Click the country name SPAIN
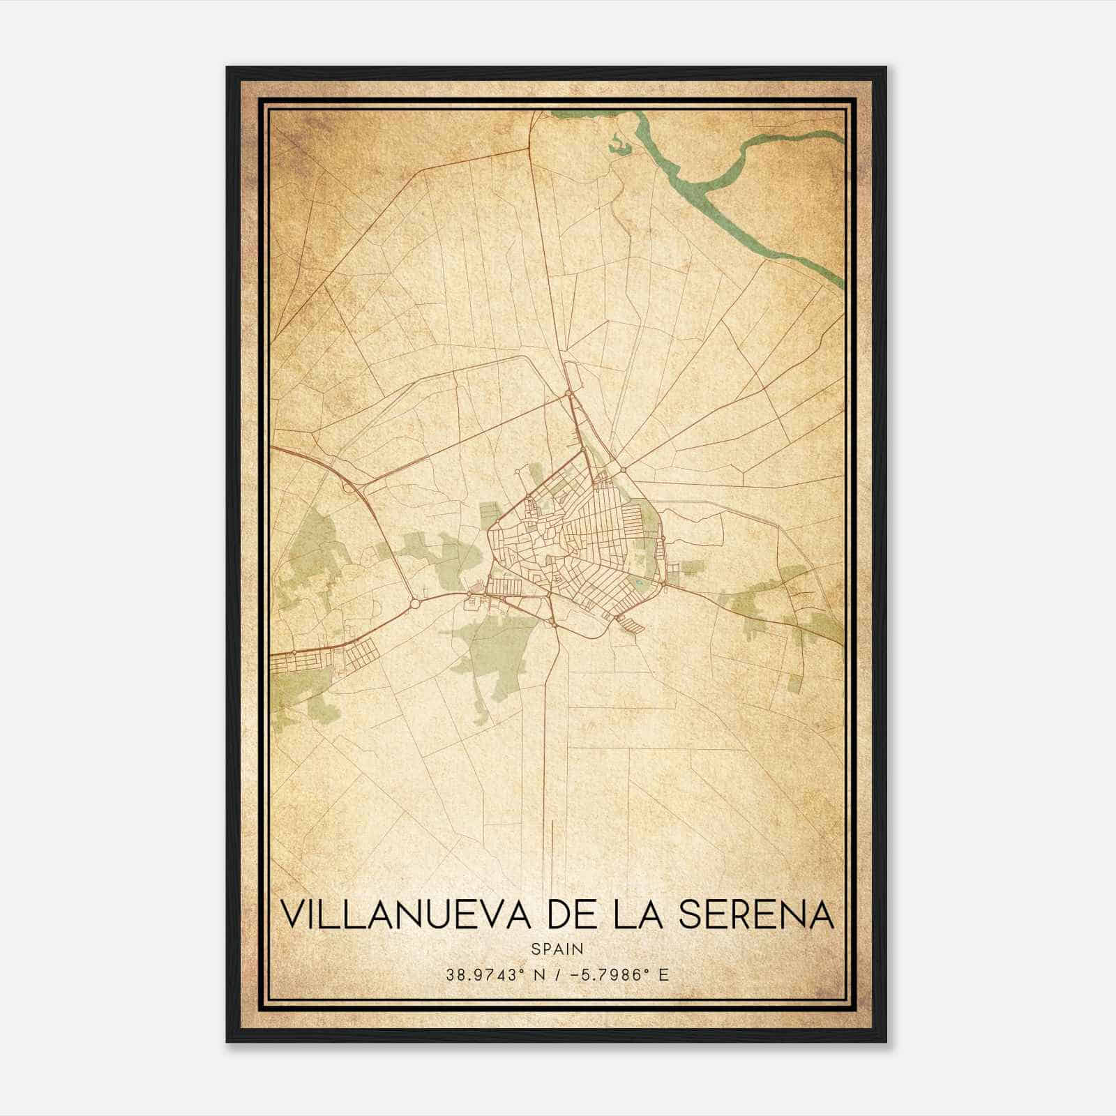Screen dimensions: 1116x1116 click(x=557, y=949)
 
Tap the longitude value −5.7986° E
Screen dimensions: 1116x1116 click(x=620, y=975)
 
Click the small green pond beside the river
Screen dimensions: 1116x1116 click(x=618, y=145)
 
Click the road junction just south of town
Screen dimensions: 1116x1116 click(x=554, y=623)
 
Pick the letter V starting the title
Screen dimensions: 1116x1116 click(x=292, y=914)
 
